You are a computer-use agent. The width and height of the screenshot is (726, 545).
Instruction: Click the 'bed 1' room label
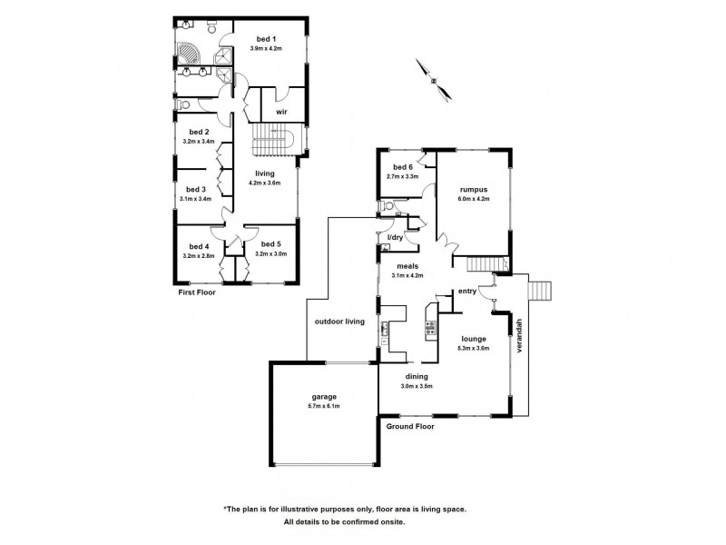[264, 38]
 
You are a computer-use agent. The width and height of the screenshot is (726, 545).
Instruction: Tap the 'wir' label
[281, 113]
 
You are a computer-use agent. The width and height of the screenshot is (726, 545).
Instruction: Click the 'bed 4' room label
[199, 246]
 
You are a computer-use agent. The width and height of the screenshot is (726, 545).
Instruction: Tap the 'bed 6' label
[403, 167]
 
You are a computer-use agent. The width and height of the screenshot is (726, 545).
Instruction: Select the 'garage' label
[324, 397]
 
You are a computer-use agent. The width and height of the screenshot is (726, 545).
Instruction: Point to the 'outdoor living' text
[338, 322]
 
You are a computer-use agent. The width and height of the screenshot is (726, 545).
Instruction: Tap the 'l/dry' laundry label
[395, 237]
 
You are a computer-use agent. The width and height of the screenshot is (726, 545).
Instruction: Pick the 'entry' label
[467, 292]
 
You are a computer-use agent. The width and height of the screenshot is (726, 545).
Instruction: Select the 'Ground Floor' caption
[410, 425]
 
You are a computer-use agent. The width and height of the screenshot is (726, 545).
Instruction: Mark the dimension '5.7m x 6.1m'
[324, 407]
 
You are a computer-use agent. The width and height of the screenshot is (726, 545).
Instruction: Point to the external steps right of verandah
[539, 291]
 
